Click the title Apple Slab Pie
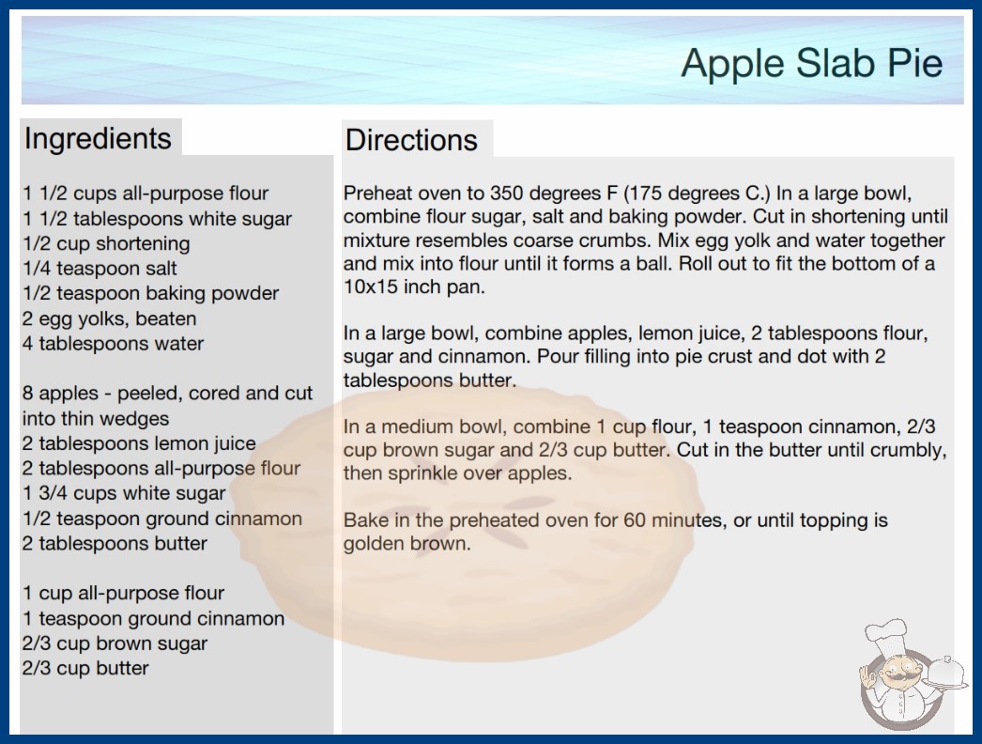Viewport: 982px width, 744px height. click(812, 63)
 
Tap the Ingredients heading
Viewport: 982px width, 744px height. click(98, 139)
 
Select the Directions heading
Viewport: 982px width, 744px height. click(411, 140)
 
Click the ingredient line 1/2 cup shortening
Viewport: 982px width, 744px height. click(106, 244)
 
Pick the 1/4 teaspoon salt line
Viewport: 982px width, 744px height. click(100, 269)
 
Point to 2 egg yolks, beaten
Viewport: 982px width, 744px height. click(109, 319)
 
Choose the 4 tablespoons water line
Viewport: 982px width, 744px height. click(113, 344)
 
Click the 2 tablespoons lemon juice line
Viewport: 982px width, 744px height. click(139, 443)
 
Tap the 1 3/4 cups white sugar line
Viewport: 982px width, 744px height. click(124, 493)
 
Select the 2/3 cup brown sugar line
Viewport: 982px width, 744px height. click(115, 643)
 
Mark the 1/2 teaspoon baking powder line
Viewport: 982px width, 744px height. click(150, 293)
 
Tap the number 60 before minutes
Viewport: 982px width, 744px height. click(635, 520)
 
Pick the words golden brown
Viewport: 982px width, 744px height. click(407, 543)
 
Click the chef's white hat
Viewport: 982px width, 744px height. click(886, 635)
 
